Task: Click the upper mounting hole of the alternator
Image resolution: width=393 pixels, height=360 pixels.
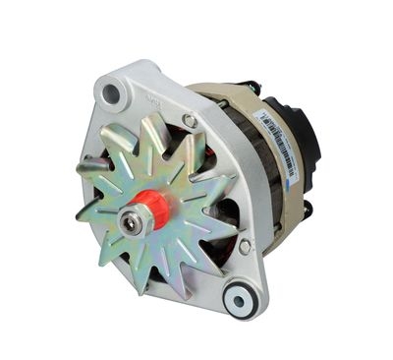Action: tap(111, 93)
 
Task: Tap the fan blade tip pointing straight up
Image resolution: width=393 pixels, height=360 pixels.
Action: tap(150, 121)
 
